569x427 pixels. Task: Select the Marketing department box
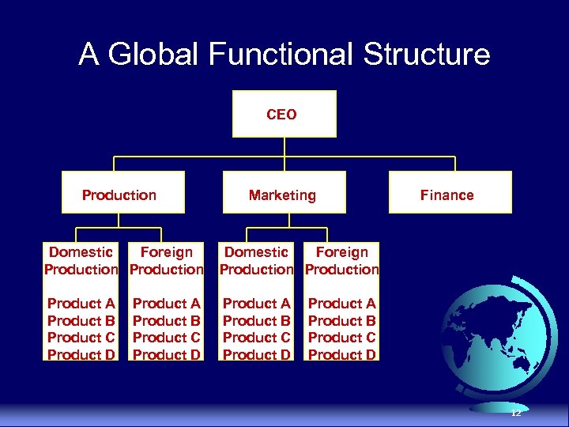282,195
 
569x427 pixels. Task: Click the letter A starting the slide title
89,55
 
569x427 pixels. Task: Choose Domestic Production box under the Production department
81,261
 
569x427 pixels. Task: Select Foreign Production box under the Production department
166,261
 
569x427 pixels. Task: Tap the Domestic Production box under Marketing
256,261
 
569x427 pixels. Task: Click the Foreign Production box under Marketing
341,261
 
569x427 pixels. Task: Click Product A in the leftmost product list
81,304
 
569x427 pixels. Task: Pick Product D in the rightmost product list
341,355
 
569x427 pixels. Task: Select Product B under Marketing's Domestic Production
256,321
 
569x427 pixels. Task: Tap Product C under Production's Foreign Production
166,338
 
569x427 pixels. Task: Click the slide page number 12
516,413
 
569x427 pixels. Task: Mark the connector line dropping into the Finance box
454,164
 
